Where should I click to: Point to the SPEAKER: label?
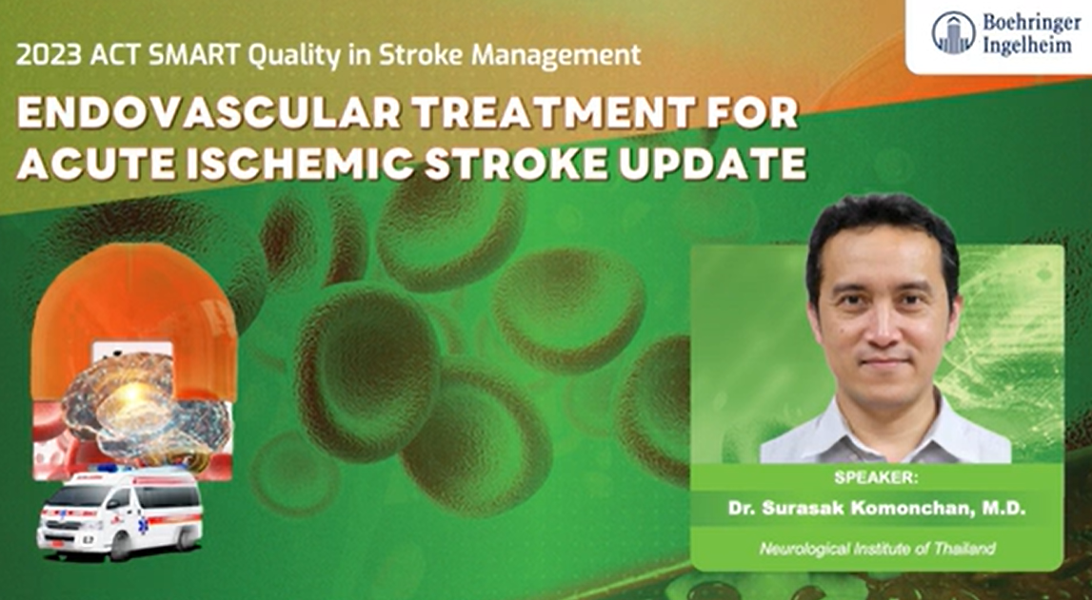coord(877,477)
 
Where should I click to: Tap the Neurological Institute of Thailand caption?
coord(877,548)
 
